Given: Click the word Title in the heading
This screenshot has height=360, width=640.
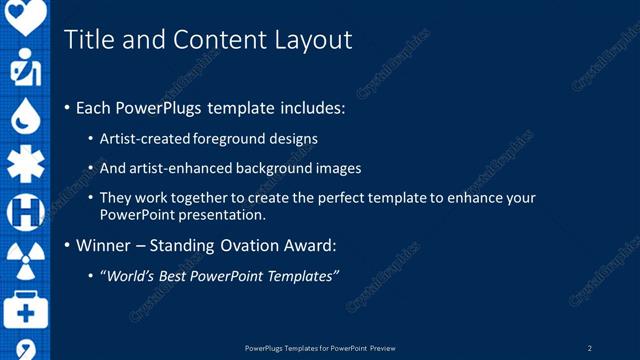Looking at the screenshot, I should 87,39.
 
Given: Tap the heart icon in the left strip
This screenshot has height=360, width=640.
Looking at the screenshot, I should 26,15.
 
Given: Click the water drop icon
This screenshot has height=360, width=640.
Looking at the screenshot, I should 26,117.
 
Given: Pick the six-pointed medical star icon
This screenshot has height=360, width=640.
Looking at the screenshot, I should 26,164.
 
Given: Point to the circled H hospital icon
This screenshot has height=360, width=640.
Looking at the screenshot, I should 26,212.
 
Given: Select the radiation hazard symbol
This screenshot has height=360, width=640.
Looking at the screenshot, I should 26,261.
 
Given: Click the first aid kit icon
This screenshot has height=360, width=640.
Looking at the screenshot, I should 26,310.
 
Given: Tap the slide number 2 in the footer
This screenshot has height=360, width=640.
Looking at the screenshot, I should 590,348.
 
